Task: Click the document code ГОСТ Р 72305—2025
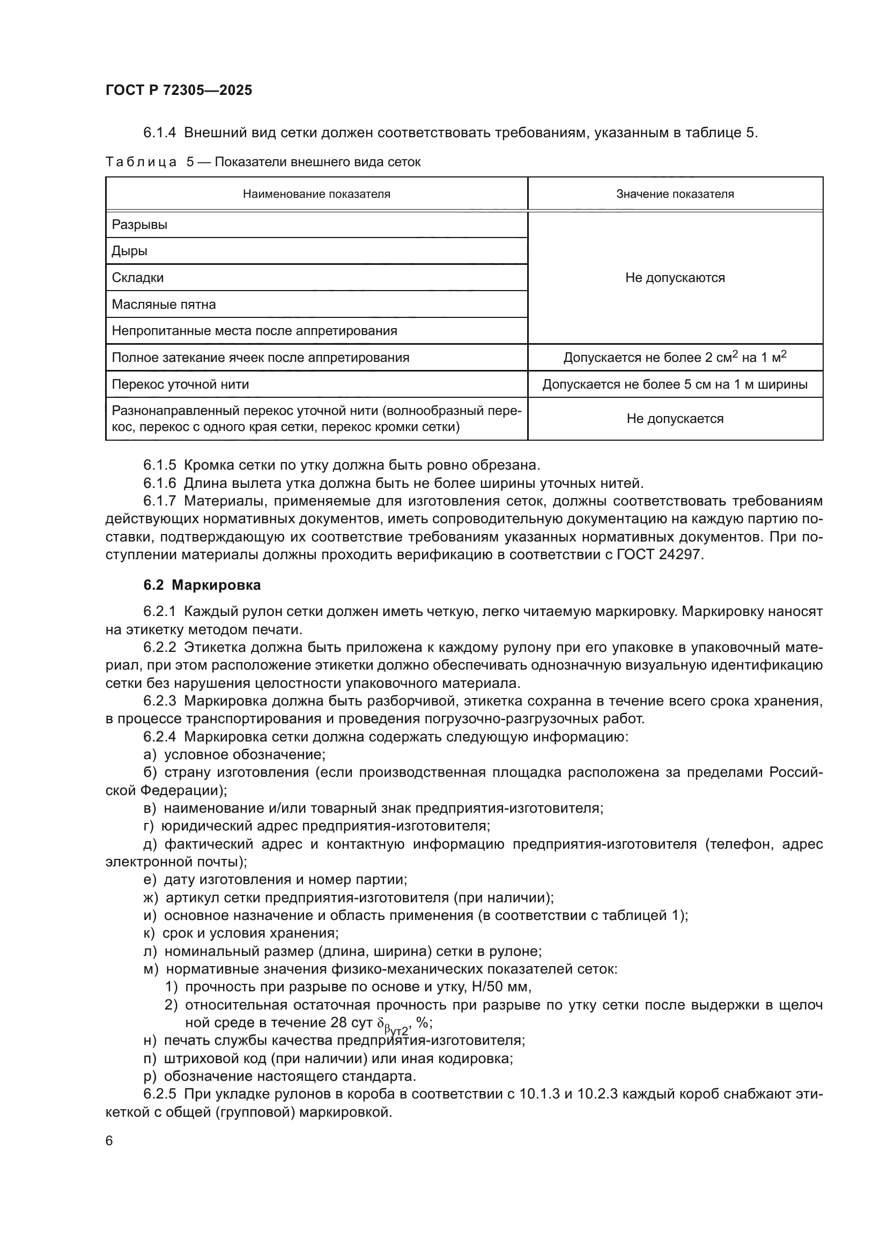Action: point(179,90)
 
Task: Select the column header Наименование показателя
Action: point(316,194)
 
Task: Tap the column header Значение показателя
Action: point(675,194)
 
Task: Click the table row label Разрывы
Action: point(139,225)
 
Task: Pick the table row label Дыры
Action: point(129,251)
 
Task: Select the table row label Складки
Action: point(138,278)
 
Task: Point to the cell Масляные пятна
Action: point(164,304)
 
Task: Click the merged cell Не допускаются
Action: point(675,278)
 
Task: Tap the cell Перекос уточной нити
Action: point(180,384)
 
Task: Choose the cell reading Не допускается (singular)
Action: point(675,419)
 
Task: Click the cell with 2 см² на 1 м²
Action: point(675,358)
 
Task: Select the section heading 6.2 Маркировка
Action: point(202,585)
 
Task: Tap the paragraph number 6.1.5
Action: point(159,465)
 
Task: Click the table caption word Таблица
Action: point(141,162)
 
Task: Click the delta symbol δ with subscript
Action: point(381,1023)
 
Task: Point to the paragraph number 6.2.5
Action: point(159,1094)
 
